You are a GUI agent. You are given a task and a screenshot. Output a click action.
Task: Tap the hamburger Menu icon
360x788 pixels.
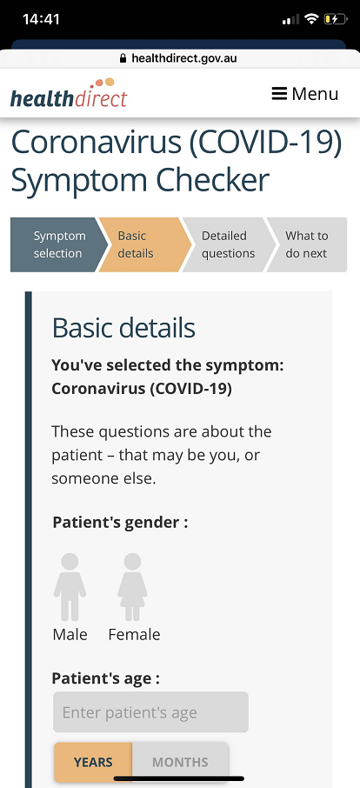pyautogui.click(x=279, y=93)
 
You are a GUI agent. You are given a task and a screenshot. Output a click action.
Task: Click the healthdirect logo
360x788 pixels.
pyautogui.click(x=69, y=93)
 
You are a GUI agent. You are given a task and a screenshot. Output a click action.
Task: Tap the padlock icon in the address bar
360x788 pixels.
pyautogui.click(x=123, y=59)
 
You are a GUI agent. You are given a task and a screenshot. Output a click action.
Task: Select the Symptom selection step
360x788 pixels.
pyautogui.click(x=59, y=244)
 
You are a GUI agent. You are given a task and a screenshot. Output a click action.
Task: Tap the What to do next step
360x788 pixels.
pyautogui.click(x=307, y=244)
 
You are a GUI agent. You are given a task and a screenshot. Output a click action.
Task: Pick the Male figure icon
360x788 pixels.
pyautogui.click(x=70, y=587)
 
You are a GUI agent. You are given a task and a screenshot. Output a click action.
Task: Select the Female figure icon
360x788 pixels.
pyautogui.click(x=132, y=587)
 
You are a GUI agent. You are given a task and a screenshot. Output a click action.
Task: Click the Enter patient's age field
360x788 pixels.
pyautogui.click(x=150, y=712)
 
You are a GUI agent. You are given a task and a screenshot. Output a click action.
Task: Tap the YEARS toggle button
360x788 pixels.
pyautogui.click(x=93, y=762)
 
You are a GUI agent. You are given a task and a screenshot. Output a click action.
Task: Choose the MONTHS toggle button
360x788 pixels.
pyautogui.click(x=180, y=762)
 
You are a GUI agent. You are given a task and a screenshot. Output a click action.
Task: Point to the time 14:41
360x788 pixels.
pyautogui.click(x=41, y=19)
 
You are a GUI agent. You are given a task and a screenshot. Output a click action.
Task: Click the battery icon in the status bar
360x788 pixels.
pyautogui.click(x=336, y=19)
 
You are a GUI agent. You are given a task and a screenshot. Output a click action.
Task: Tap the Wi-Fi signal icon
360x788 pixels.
pyautogui.click(x=312, y=19)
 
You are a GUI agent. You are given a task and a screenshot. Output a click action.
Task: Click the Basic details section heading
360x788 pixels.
pyautogui.click(x=123, y=328)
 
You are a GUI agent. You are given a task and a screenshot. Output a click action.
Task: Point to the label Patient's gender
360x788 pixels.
pyautogui.click(x=120, y=522)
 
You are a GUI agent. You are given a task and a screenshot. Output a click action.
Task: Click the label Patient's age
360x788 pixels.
pyautogui.click(x=105, y=678)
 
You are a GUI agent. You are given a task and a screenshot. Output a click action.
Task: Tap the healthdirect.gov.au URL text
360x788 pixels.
pyautogui.click(x=183, y=59)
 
